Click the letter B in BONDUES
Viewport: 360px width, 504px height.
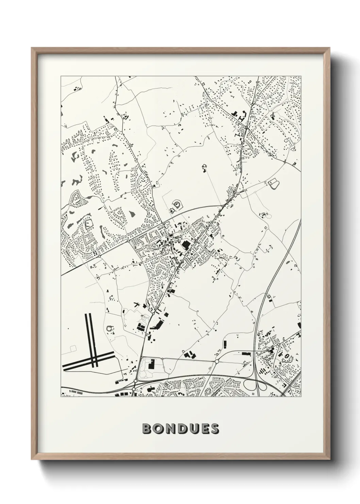[x=147, y=429]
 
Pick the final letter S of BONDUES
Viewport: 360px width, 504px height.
[x=215, y=429]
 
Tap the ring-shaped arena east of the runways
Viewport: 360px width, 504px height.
[x=110, y=329]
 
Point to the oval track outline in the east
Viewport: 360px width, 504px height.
[x=273, y=184]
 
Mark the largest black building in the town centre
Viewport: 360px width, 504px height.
[x=186, y=245]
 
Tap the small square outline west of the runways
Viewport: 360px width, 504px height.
[x=72, y=348]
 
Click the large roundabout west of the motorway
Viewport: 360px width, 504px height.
[x=216, y=361]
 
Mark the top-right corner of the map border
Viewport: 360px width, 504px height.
[x=301, y=76]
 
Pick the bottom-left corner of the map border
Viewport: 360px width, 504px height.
[x=61, y=397]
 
